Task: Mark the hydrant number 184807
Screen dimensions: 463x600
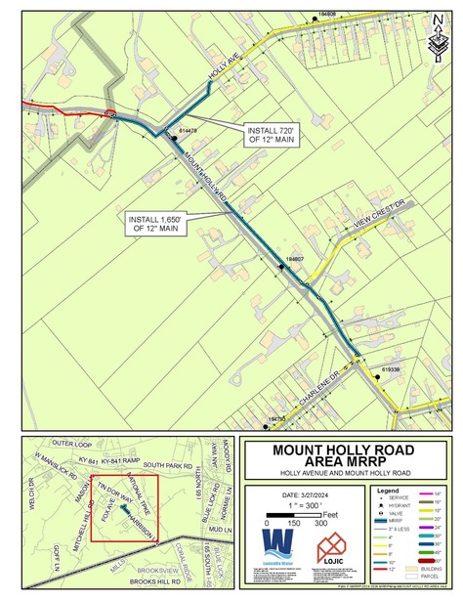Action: coord(295,259)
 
